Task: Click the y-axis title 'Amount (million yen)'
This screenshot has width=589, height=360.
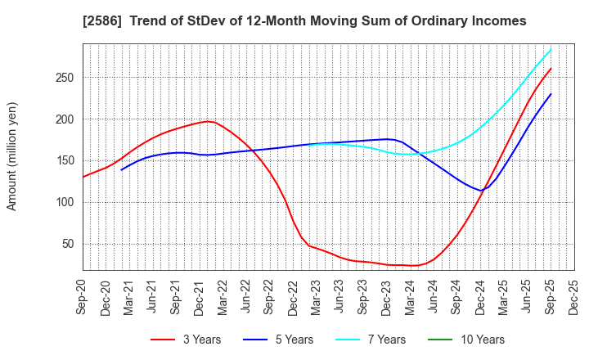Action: pyautogui.click(x=11, y=156)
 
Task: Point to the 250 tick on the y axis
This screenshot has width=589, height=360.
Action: pyautogui.click(x=66, y=78)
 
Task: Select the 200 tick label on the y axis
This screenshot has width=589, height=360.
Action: pyautogui.click(x=66, y=119)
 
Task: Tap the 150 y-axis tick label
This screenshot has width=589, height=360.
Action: pyautogui.click(x=66, y=160)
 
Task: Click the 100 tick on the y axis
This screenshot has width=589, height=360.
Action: pyautogui.click(x=66, y=202)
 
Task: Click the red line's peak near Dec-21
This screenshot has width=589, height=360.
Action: pyautogui.click(x=208, y=121)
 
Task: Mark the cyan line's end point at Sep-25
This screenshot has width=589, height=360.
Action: pyautogui.click(x=551, y=49)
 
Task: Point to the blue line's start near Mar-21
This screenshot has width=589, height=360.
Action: pyautogui.click(x=121, y=169)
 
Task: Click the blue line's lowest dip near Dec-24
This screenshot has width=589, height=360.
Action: pyautogui.click(x=483, y=191)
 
